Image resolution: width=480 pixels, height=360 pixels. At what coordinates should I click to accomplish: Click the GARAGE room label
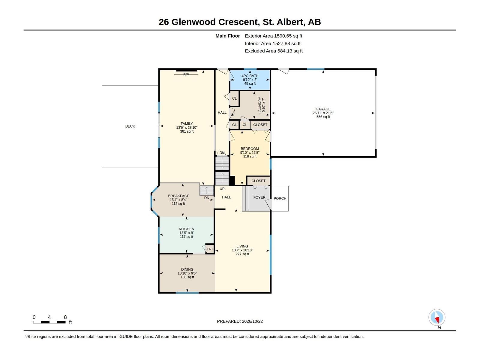(x=323, y=109)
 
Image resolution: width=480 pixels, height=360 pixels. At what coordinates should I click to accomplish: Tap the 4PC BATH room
(x=250, y=79)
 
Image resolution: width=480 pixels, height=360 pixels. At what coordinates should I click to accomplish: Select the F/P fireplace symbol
(x=186, y=72)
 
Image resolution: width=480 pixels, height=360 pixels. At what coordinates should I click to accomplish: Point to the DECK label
(x=130, y=126)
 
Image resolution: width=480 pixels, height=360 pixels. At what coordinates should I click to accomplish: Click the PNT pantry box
(x=210, y=249)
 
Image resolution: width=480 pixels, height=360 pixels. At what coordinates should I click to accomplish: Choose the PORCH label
(x=280, y=199)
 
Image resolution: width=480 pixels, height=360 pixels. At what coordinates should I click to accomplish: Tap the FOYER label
(x=259, y=197)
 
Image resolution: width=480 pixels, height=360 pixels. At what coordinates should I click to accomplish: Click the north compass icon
(x=437, y=317)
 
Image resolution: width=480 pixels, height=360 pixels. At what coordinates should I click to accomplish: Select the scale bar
(x=49, y=322)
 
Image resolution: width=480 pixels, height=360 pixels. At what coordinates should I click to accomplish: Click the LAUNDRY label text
(x=260, y=105)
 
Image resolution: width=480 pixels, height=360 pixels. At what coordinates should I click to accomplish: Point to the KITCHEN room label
(x=187, y=229)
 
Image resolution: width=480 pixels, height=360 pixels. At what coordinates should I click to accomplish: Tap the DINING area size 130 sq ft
(x=187, y=277)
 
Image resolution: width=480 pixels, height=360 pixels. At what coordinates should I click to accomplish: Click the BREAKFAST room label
(x=178, y=196)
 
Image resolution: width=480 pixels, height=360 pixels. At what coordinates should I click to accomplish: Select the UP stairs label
(x=222, y=189)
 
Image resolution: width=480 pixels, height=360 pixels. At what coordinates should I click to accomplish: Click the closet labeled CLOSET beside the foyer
(x=258, y=181)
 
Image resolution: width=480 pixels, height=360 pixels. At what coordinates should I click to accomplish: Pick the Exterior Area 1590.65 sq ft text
(x=273, y=36)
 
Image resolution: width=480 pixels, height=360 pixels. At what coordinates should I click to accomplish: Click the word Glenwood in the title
(x=193, y=22)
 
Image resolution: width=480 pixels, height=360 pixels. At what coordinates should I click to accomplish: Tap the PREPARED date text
(x=240, y=321)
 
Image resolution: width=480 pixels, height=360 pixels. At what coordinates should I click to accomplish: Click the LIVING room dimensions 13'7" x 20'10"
(x=242, y=250)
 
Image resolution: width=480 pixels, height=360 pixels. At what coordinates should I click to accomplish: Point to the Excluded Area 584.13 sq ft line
(x=274, y=51)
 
